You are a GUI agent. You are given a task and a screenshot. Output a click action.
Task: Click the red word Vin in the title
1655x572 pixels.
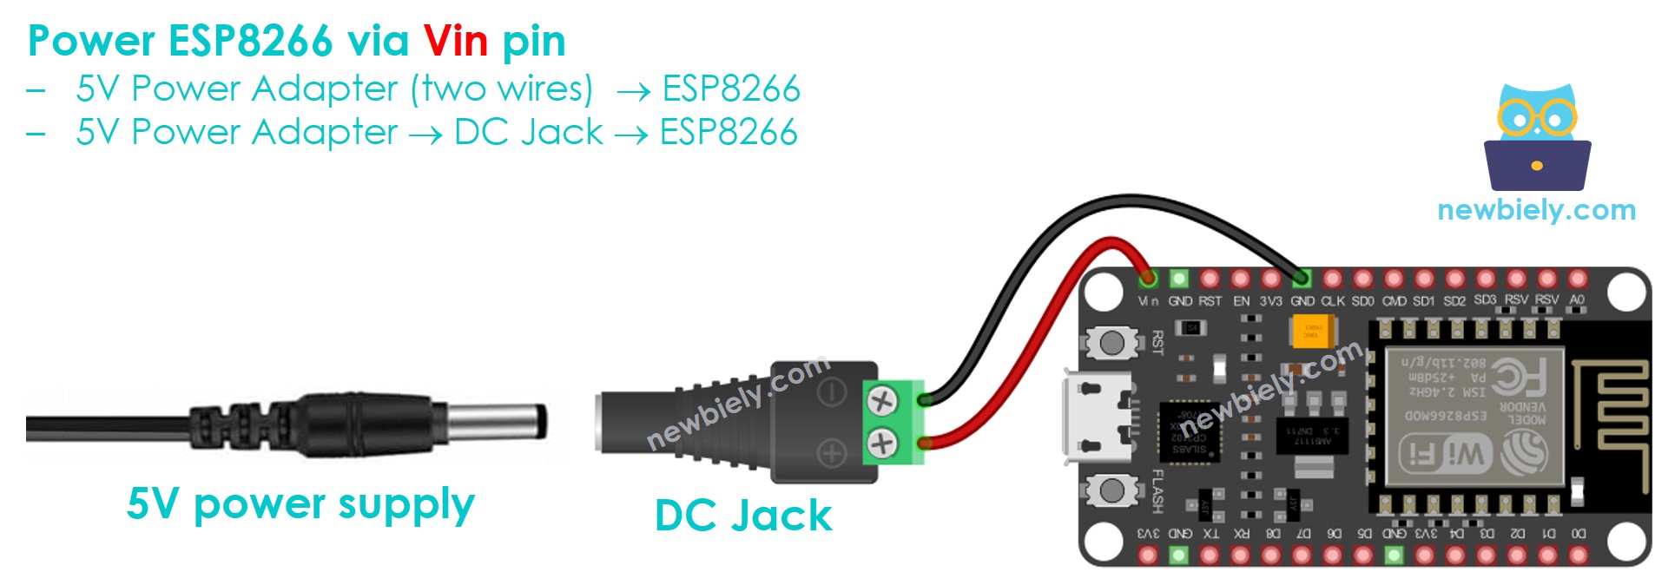[x=455, y=41]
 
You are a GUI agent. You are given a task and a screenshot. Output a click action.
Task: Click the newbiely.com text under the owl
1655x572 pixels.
[x=1536, y=209]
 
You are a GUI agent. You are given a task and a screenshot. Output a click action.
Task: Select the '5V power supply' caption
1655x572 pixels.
[x=300, y=503]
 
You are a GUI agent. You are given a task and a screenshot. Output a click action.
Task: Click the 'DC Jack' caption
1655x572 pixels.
[x=742, y=516]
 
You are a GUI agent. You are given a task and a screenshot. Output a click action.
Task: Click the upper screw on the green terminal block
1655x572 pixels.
[x=881, y=401]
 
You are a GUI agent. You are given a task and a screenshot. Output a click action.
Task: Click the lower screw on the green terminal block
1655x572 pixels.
[x=881, y=444]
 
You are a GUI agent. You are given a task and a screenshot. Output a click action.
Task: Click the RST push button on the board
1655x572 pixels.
[x=1111, y=342]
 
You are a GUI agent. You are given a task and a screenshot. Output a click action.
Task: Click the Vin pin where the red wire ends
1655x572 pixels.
[x=1148, y=279]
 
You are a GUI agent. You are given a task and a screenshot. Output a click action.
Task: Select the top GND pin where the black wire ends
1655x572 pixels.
[x=1301, y=279]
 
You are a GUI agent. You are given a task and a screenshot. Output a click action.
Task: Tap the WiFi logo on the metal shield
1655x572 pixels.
[x=1445, y=453]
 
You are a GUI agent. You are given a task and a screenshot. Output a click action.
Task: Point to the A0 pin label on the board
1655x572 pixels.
[x=1577, y=300]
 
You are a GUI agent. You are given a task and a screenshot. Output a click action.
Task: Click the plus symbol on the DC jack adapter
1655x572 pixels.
[x=831, y=453]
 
